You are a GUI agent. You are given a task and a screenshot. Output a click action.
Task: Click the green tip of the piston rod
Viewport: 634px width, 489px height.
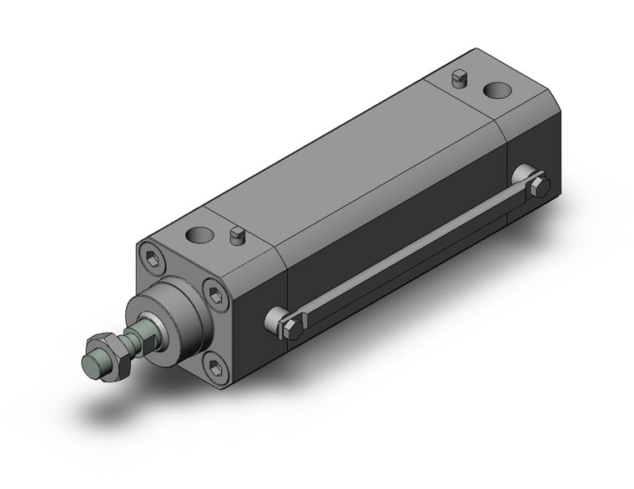[x=93, y=363]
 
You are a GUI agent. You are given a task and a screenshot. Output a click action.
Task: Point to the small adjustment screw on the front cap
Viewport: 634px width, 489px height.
[x=236, y=238]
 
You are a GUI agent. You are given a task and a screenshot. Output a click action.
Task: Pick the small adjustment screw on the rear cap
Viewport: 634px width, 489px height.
[x=456, y=79]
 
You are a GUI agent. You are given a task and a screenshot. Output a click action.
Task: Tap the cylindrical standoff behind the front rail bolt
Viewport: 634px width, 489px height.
[x=273, y=319]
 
